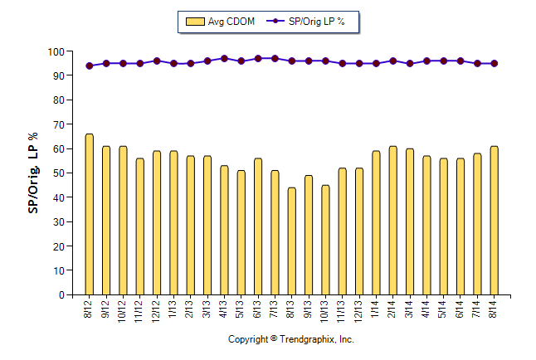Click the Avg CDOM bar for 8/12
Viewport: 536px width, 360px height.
click(x=90, y=214)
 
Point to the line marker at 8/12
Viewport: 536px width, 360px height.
click(x=90, y=66)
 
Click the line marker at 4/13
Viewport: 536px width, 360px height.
click(x=224, y=59)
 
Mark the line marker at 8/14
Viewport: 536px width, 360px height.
click(x=494, y=63)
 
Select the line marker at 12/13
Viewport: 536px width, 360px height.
click(x=359, y=63)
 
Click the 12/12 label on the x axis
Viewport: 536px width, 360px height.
click(x=157, y=310)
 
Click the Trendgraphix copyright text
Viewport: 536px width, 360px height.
click(x=291, y=339)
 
